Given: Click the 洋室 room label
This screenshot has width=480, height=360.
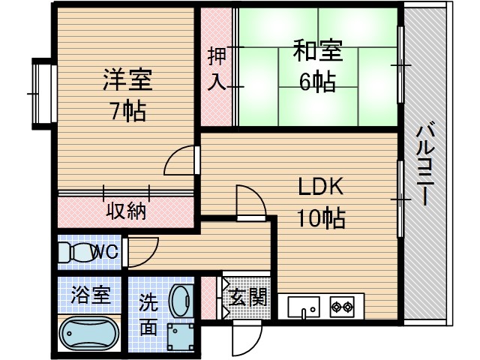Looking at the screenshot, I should pyautogui.click(x=128, y=80).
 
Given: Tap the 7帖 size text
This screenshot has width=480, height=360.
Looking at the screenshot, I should pyautogui.click(x=128, y=112).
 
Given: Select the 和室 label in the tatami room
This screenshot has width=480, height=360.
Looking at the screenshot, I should pyautogui.click(x=317, y=53).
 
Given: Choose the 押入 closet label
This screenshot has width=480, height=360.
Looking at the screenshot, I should pyautogui.click(x=216, y=69).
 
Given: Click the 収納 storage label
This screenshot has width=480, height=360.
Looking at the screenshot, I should pyautogui.click(x=124, y=211).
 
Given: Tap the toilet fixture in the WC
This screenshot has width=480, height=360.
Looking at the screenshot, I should pyautogui.click(x=73, y=253).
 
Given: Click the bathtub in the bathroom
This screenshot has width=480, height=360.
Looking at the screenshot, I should pyautogui.click(x=89, y=331).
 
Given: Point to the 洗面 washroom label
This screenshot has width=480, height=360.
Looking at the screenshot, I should pyautogui.click(x=148, y=316).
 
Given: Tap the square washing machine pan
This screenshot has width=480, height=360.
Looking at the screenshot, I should pyautogui.click(x=181, y=336).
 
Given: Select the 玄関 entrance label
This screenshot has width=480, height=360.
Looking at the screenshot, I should pyautogui.click(x=247, y=297).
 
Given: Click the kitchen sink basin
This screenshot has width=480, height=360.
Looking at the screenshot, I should pyautogui.click(x=304, y=307).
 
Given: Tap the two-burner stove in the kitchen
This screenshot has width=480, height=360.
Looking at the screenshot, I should pyautogui.click(x=342, y=306).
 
